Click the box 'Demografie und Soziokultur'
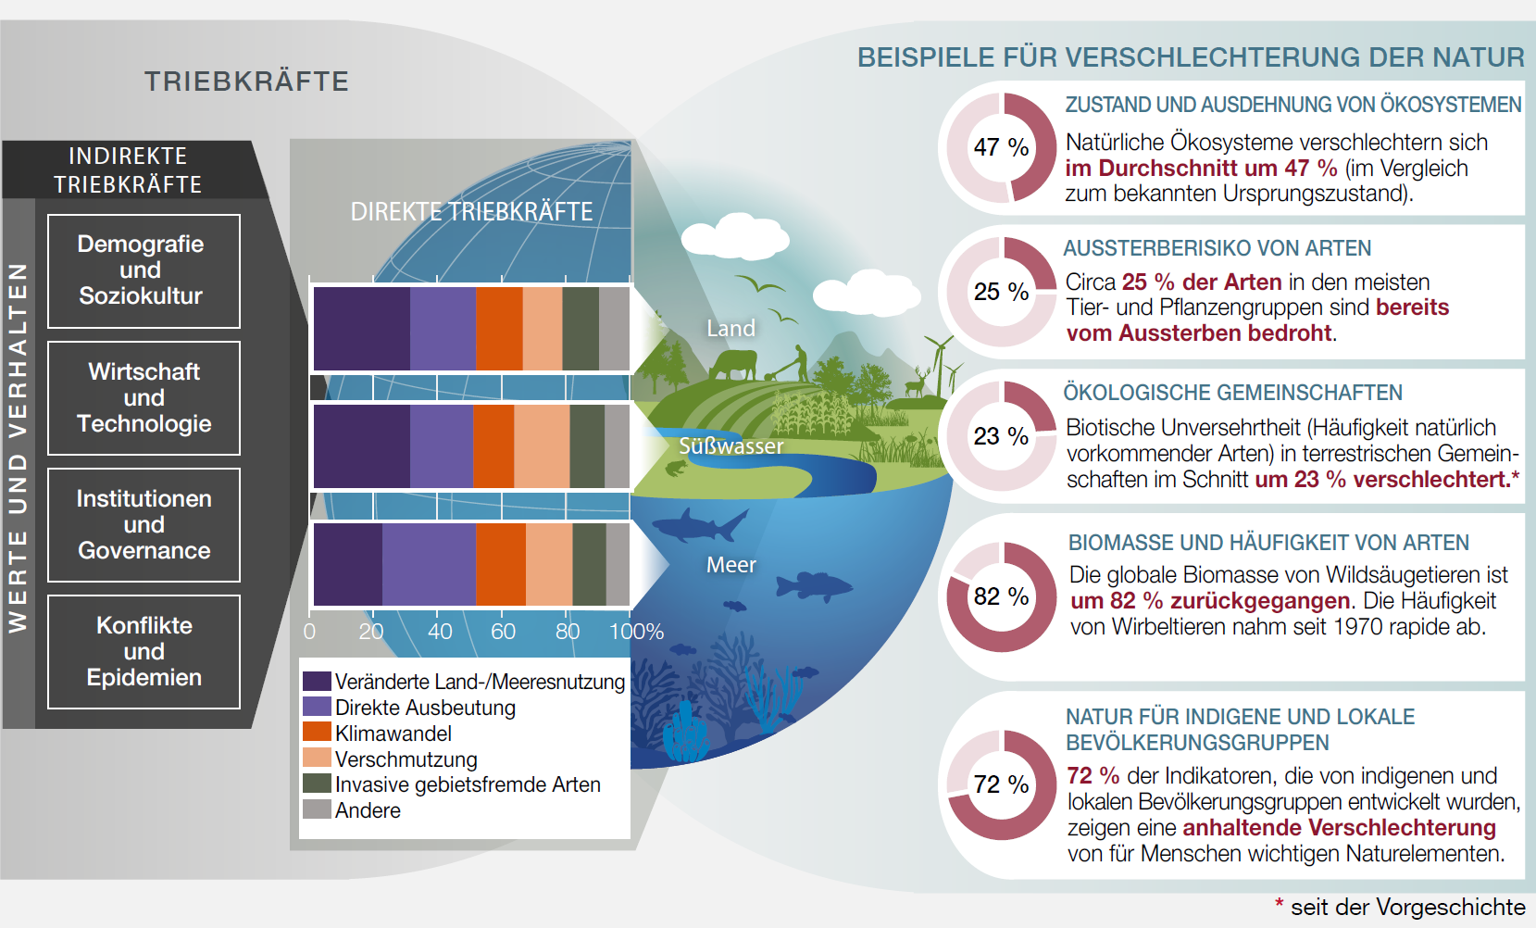144,270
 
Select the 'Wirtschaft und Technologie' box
144,397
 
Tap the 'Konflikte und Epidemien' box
144,651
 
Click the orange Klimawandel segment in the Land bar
499,329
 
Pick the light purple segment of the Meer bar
429,564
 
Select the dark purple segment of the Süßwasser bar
361,446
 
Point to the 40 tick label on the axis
440,632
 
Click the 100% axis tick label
636,632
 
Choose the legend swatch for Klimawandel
317,732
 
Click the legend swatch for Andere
317,809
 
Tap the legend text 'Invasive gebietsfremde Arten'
468,784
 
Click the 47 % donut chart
1001,147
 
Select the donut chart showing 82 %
1001,596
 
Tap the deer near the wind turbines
916,382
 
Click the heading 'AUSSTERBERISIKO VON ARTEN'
1217,248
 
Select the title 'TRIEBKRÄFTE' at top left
246,82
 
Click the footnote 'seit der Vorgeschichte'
1407,908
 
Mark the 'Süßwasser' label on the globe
731,446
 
